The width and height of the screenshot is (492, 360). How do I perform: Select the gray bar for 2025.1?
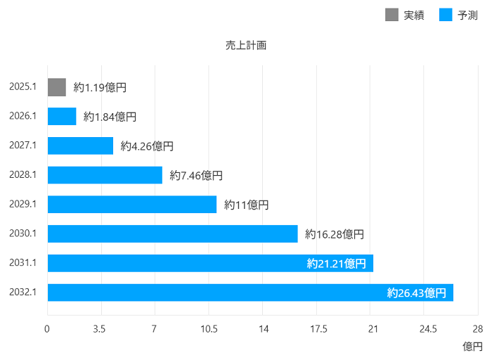pyautogui.click(x=57, y=87)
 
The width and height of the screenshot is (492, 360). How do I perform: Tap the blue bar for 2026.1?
pyautogui.click(x=62, y=117)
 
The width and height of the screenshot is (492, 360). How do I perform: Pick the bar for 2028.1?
pyautogui.click(x=105, y=175)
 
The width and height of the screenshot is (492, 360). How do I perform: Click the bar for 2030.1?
pyautogui.click(x=172, y=233)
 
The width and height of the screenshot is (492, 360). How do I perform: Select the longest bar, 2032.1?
pyautogui.click(x=250, y=292)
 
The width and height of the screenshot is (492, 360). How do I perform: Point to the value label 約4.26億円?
pyautogui.click(x=147, y=146)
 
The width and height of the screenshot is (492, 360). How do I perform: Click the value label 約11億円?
pyautogui.click(x=247, y=205)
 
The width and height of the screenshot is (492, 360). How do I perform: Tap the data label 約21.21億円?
pyautogui.click(x=336, y=264)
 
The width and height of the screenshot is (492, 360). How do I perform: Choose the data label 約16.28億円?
pyautogui.click(x=335, y=234)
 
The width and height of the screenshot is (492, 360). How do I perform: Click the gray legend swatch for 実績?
pyautogui.click(x=391, y=15)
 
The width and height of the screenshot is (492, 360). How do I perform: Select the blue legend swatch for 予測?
pyautogui.click(x=446, y=15)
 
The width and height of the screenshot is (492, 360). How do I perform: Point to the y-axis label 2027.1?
pyautogui.click(x=23, y=146)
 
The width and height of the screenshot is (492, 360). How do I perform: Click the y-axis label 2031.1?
pyautogui.click(x=23, y=263)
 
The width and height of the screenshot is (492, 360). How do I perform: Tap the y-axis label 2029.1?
pyautogui.click(x=23, y=204)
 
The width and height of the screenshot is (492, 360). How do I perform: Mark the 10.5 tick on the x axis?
pyautogui.click(x=209, y=329)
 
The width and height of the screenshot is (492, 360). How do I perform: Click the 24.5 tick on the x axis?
pyautogui.click(x=427, y=329)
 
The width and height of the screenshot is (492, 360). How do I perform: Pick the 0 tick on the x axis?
pyautogui.click(x=47, y=329)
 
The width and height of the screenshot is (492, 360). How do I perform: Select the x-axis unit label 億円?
pyautogui.click(x=472, y=347)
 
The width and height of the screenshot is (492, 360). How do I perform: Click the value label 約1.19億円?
pyautogui.click(x=101, y=88)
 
